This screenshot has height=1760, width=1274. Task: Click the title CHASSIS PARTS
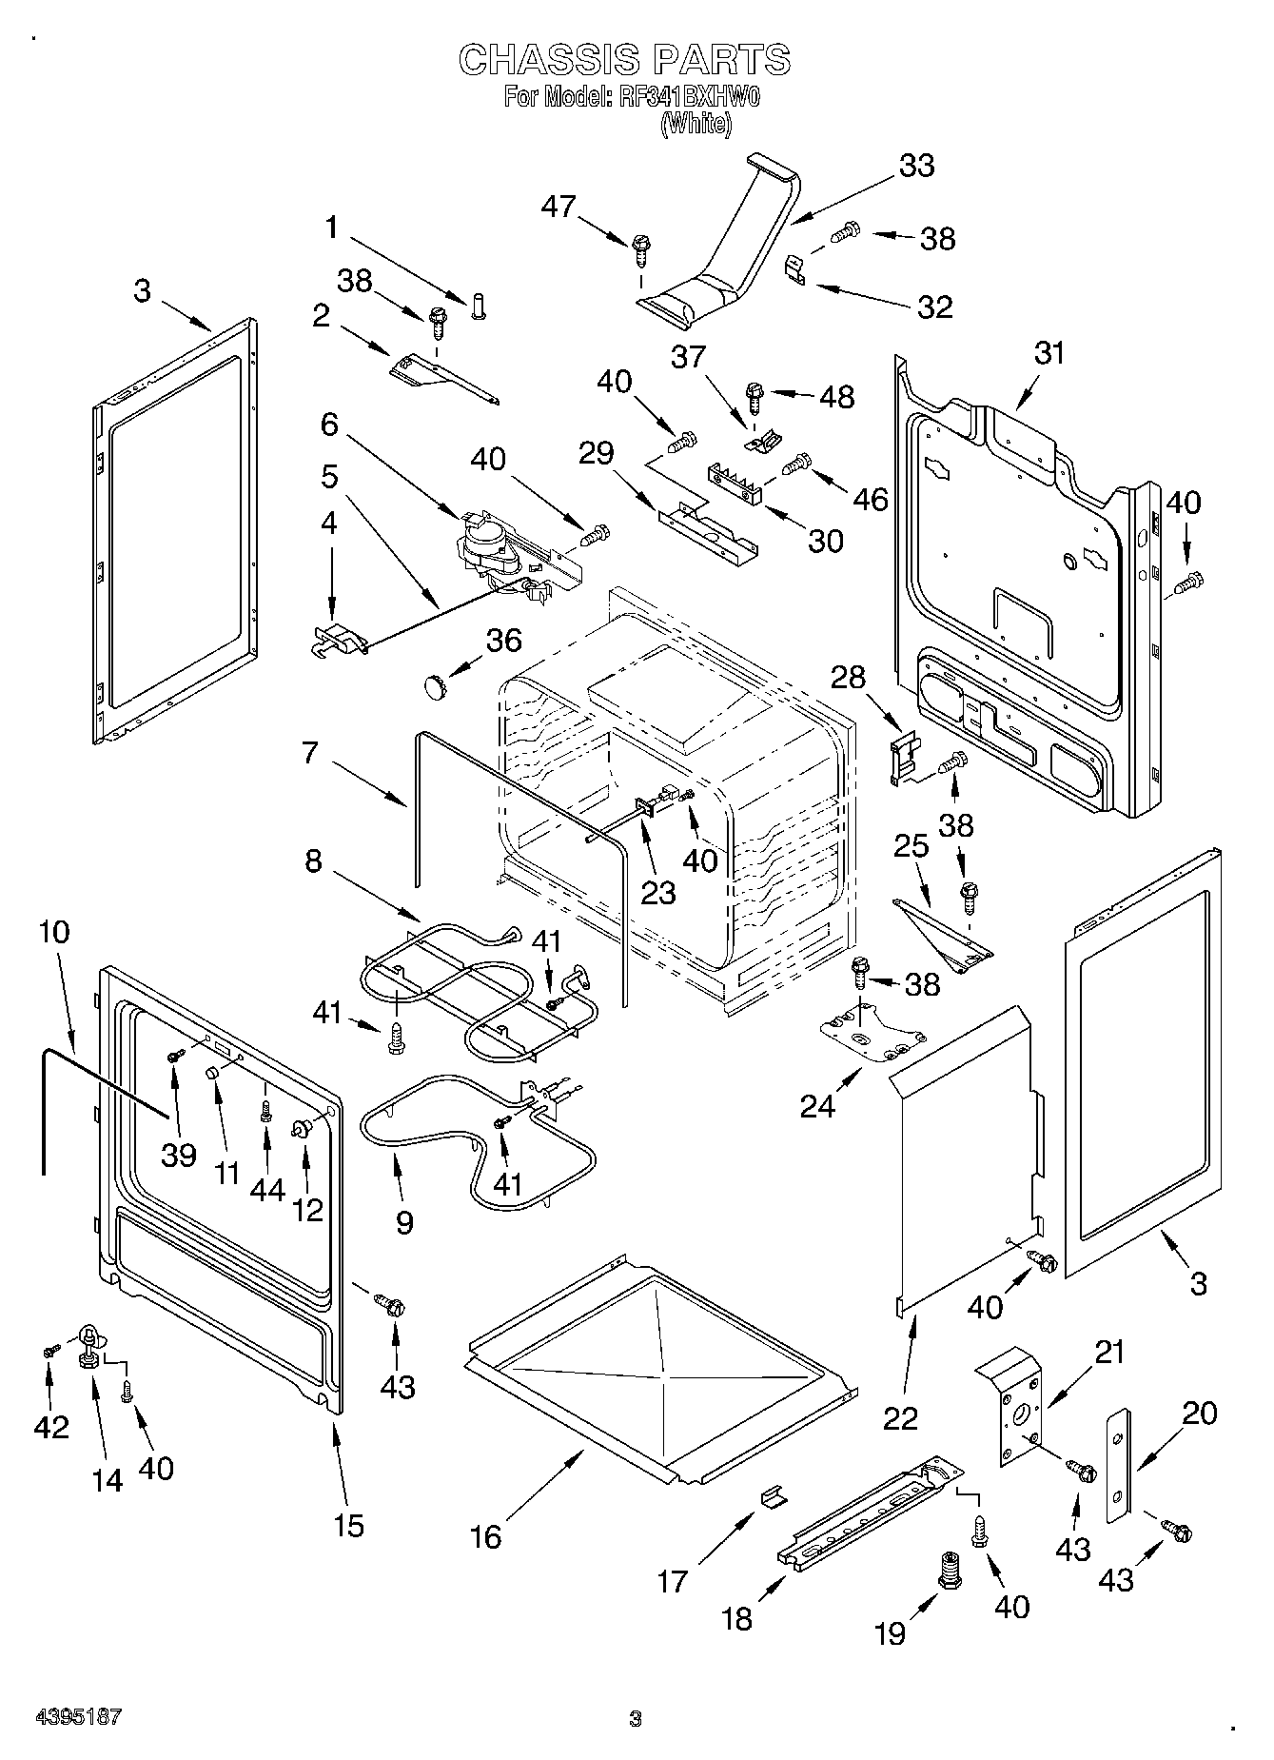click(x=624, y=60)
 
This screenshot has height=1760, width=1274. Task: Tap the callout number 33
click(x=917, y=165)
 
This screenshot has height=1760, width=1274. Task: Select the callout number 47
click(x=559, y=206)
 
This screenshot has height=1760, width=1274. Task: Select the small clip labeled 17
click(x=774, y=1498)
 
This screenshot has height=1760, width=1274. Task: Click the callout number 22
click(x=900, y=1417)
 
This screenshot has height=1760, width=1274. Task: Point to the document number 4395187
click(x=78, y=1718)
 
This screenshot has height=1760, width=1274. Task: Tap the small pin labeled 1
click(x=477, y=307)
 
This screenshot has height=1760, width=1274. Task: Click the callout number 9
click(x=404, y=1221)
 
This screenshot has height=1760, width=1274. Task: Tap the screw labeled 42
click(x=51, y=1350)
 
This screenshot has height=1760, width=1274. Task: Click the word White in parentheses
click(x=696, y=124)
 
